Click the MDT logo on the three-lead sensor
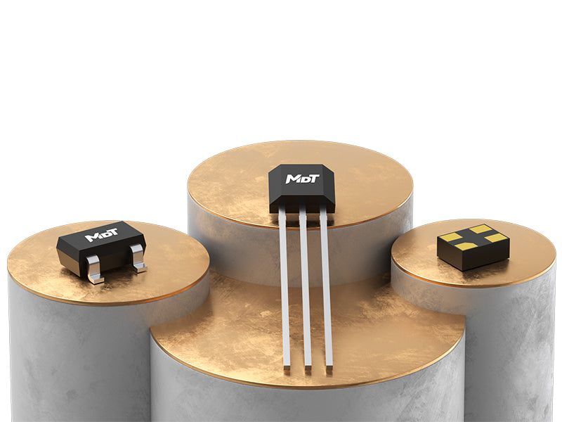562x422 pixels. click(302, 179)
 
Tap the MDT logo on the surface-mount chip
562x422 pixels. click(101, 235)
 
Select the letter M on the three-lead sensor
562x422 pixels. click(292, 179)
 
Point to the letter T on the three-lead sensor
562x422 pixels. click(314, 179)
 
